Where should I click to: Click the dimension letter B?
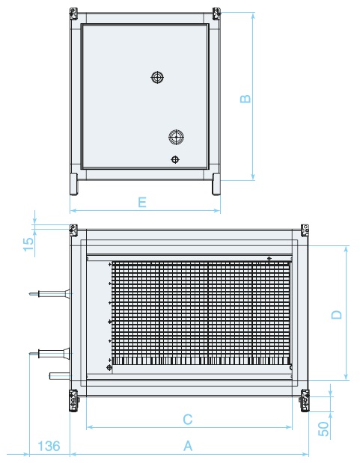tap(245, 99)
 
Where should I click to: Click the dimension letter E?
tap(142, 202)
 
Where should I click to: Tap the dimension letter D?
tap(336, 315)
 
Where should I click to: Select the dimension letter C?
tap(188, 420)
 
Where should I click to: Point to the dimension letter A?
tap(188, 446)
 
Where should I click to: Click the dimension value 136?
tap(49, 446)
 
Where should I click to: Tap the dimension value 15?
tap(28, 244)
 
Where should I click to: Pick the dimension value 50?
tap(323, 429)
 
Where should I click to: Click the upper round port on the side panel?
tap(157, 77)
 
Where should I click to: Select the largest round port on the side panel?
tap(176, 137)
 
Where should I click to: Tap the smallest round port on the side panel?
tap(175, 159)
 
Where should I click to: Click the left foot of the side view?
tap(73, 184)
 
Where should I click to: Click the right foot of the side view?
tap(216, 184)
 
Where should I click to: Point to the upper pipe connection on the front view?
tap(51, 294)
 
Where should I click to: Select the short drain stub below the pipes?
tap(61, 376)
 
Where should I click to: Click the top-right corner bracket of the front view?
tap(305, 230)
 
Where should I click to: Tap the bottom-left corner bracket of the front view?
tap(74, 400)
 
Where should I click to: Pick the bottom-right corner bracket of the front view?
tap(305, 400)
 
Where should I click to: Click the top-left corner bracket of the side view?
tap(73, 14)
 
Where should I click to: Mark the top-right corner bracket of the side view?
tap(216, 14)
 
